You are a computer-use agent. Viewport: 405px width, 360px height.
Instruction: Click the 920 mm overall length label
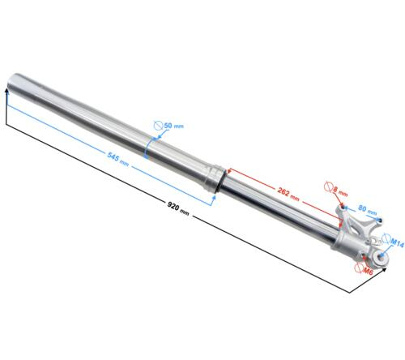pyautogui.click(x=178, y=208)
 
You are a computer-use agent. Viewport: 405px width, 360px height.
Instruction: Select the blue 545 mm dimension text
pyautogui.click(x=118, y=159)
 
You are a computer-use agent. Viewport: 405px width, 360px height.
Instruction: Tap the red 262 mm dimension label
pyautogui.click(x=288, y=194)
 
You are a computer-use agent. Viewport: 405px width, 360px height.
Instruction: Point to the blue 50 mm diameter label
pyautogui.click(x=173, y=126)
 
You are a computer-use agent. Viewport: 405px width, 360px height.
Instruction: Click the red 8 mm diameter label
pyautogui.click(x=339, y=191)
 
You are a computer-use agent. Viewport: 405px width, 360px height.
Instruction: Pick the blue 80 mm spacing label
pyautogui.click(x=367, y=210)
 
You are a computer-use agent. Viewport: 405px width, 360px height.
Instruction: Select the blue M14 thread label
pyautogui.click(x=397, y=242)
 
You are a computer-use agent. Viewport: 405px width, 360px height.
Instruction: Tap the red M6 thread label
pyautogui.click(x=368, y=270)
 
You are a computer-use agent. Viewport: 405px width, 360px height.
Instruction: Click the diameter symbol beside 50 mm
pyautogui.click(x=158, y=125)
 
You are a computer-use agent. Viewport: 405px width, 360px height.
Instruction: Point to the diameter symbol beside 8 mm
pyautogui.click(x=328, y=186)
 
